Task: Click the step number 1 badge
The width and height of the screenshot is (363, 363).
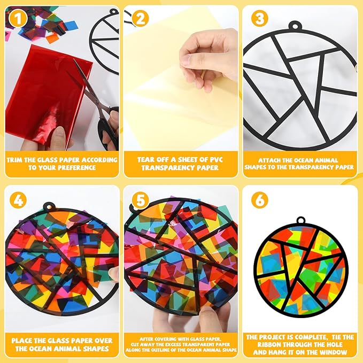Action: coord(18,19)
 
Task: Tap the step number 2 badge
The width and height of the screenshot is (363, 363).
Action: coord(140,19)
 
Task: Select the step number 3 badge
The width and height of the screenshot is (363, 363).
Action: coord(259,19)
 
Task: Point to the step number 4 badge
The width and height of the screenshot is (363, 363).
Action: coord(18,200)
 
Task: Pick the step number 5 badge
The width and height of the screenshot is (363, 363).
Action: coord(140,200)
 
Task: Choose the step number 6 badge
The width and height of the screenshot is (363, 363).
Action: coord(259,200)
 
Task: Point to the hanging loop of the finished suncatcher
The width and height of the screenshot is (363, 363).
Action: coord(300,221)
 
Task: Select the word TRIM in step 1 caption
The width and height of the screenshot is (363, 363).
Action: coord(14,160)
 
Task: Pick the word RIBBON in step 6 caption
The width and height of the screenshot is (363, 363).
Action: coord(269,344)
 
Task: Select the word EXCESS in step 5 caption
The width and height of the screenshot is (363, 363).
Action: coord(178,344)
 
